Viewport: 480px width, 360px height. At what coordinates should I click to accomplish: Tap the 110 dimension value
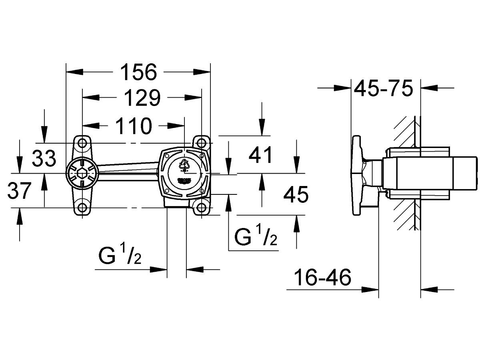coord(134,126)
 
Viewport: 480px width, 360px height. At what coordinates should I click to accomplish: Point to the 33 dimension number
coord(44,159)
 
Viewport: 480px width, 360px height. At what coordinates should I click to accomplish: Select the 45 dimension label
coord(296,195)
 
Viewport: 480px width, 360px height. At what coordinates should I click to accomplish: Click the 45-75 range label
coord(384,89)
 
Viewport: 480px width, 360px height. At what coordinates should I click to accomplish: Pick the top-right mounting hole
coord(201,142)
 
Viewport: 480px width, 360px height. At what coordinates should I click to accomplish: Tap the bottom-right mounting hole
coord(201,207)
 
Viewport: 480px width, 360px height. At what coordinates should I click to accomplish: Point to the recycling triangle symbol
coord(184,164)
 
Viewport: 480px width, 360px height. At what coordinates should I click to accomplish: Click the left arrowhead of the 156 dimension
coord(74,72)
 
